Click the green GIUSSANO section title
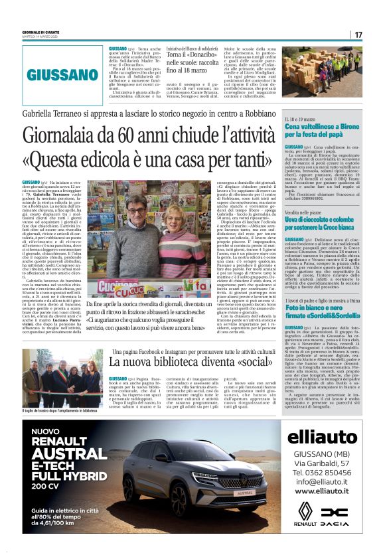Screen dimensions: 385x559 click(63, 75)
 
